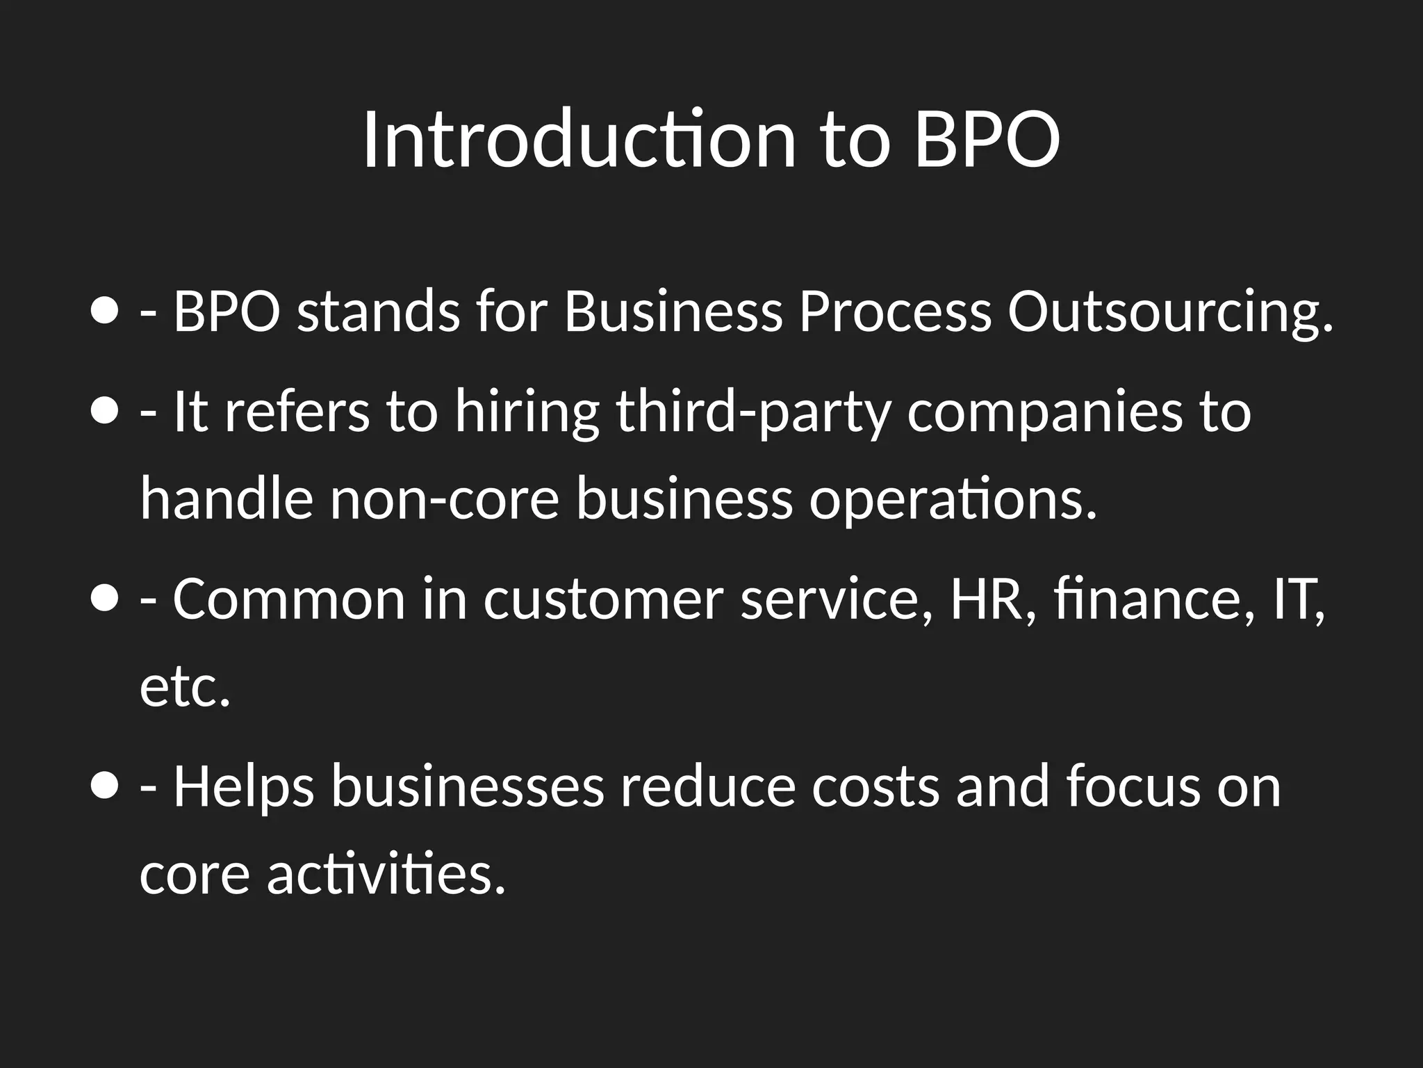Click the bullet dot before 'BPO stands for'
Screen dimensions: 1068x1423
[104, 311]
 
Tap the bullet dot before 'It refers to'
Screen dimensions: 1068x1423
[104, 411]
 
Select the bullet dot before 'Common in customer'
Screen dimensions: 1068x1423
[104, 599]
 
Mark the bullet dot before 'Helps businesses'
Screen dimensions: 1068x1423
[104, 786]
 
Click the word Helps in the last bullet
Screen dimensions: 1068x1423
[243, 788]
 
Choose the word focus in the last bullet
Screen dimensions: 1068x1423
[1133, 786]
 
